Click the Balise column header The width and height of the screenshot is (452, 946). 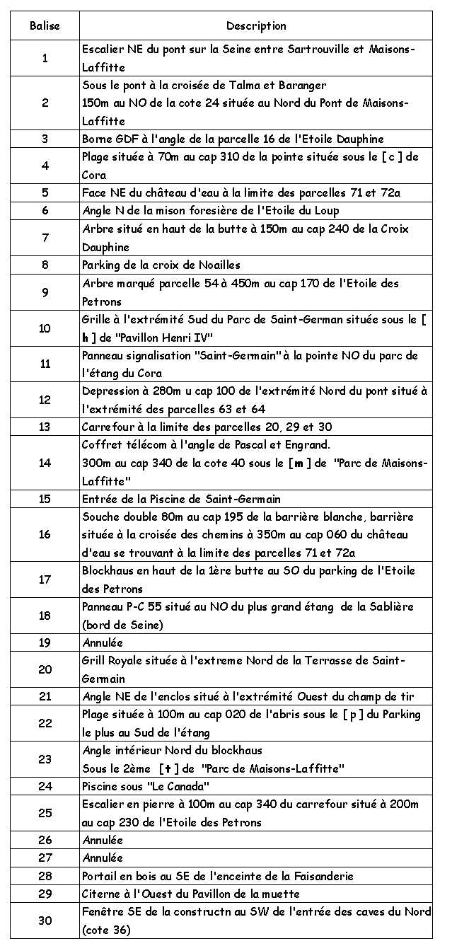[45, 26]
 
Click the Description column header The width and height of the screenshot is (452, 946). [256, 26]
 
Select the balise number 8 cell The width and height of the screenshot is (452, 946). [45, 265]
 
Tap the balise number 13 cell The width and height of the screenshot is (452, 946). [45, 427]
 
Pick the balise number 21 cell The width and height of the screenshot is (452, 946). [45, 697]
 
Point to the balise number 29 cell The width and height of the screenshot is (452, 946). [45, 894]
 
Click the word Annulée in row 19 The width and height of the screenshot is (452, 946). [103, 643]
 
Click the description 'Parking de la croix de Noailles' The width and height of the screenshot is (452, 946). [161, 265]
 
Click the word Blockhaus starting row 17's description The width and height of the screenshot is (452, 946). [106, 571]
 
